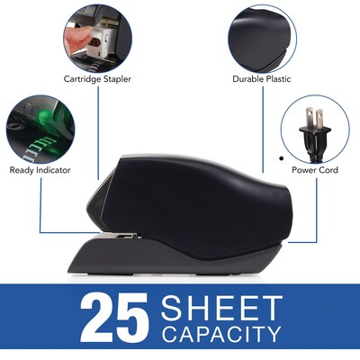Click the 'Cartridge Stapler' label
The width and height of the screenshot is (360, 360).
click(97, 79)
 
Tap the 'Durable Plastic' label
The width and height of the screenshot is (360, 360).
click(262, 79)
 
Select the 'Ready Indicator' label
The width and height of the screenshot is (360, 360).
click(40, 170)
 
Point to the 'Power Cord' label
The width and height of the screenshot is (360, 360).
click(315, 170)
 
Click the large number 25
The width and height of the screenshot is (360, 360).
click(114, 318)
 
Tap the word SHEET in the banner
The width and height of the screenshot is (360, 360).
click(222, 307)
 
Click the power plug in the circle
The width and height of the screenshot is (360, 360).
click(315, 132)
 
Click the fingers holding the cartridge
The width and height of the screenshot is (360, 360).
click(77, 37)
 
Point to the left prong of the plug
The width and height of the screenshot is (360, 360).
click(309, 118)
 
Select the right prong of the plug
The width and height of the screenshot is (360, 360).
click(319, 119)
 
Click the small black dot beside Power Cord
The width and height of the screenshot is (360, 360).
click(281, 158)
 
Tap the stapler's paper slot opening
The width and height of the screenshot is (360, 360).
click(120, 236)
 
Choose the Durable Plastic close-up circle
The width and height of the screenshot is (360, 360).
click(263, 39)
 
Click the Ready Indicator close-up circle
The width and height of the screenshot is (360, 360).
click(40, 130)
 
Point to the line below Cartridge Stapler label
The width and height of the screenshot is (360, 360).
click(98, 133)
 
